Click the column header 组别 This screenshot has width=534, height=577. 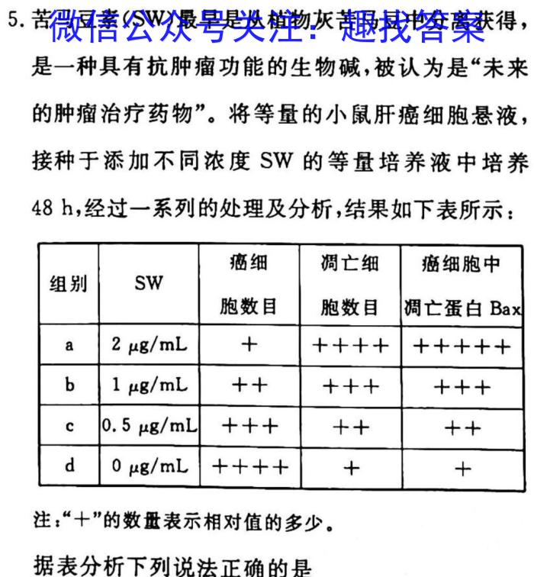pos(69,285)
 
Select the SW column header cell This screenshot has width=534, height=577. pos(149,284)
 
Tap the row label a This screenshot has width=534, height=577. pos(69,345)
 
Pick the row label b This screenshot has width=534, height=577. pos(69,385)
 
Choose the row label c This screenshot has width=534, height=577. pos(69,426)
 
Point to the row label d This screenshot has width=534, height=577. pos(69,466)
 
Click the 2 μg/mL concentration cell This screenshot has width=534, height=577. pos(149,345)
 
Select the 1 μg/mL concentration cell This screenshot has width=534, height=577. pos(149,385)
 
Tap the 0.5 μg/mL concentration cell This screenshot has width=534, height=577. pos(149,426)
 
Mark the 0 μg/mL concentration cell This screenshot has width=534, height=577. pos(149,466)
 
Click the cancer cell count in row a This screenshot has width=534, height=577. pos(249,345)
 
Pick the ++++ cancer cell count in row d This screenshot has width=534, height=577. pos(249,466)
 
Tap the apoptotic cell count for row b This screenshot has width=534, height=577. pos(350,386)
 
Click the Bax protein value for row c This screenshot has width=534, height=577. pos(462,427)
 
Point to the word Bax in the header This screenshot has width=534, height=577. pos(505,309)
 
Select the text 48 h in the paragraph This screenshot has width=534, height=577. pos(53,208)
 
